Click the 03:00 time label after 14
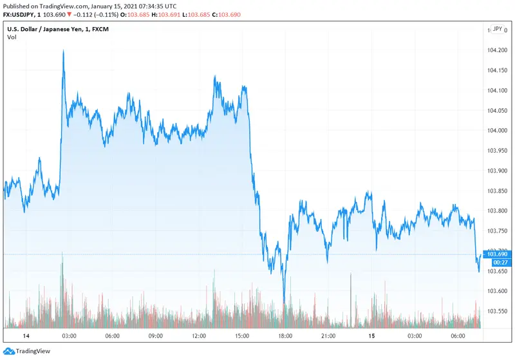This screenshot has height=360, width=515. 69,336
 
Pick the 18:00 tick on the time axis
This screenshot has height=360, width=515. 285,336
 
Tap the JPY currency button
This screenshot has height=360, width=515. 497,29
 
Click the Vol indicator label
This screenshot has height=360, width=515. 12,37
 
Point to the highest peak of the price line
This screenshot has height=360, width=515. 63,51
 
